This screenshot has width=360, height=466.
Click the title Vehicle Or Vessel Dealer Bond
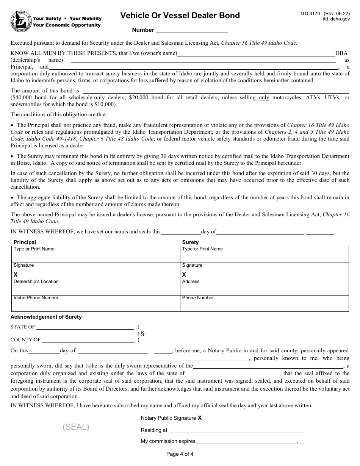click(180, 16)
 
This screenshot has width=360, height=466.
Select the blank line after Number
click(191, 30)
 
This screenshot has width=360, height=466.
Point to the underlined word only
click(264, 98)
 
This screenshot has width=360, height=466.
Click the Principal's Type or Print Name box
click(95, 255)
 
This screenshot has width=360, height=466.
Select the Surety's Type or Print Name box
click(264, 255)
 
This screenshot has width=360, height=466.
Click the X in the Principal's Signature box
click(16, 274)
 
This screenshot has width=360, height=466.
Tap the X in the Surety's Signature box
click(184, 274)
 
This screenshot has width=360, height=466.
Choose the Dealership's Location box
click(95, 287)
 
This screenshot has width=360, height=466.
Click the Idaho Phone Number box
click(95, 303)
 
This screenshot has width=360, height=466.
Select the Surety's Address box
click(264, 287)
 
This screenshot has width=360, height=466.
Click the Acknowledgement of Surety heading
click(46, 317)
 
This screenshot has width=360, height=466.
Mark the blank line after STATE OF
click(85, 327)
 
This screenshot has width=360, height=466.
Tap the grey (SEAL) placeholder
click(76, 427)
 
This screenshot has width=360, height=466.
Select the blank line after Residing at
click(236, 430)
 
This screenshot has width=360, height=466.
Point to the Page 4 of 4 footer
click(180, 454)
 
